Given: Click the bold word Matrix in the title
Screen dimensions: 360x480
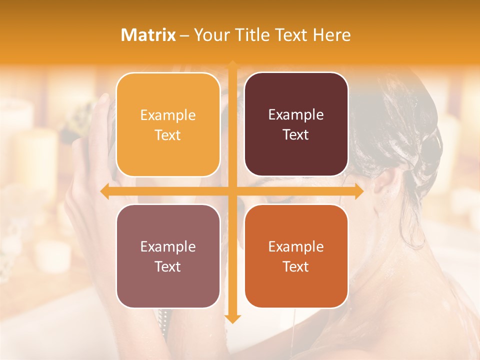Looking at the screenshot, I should [148, 35].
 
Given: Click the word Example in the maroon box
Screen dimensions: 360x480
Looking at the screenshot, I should [296, 115].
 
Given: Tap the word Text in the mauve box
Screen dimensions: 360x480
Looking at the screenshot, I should [167, 266].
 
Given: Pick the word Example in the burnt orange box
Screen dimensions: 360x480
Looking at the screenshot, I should [296, 246].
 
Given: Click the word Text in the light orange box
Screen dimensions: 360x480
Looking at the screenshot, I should [167, 135].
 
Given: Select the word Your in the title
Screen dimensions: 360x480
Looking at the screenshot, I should [209, 35].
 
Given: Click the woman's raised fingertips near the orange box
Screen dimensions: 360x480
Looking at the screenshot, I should [103, 100].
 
